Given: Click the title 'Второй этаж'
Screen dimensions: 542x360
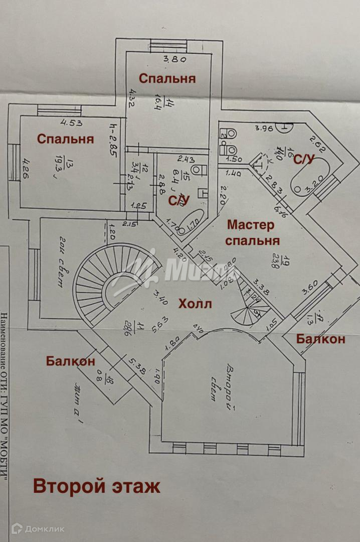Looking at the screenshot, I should click(x=97, y=486).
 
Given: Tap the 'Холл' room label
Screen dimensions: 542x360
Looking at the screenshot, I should click(x=195, y=304).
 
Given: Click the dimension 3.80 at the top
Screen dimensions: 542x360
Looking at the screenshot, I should click(x=175, y=59).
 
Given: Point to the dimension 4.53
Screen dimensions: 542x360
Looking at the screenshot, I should click(x=72, y=122).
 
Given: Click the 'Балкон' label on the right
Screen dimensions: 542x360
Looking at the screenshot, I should click(x=320, y=339).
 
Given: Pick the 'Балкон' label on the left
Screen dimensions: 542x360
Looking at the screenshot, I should click(x=70, y=361).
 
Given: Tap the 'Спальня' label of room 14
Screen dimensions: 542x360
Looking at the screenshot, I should click(x=167, y=78).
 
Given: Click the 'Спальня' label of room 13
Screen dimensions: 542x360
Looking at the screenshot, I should click(x=65, y=139).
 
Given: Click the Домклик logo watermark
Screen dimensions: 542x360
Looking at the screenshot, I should click(x=38, y=528).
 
